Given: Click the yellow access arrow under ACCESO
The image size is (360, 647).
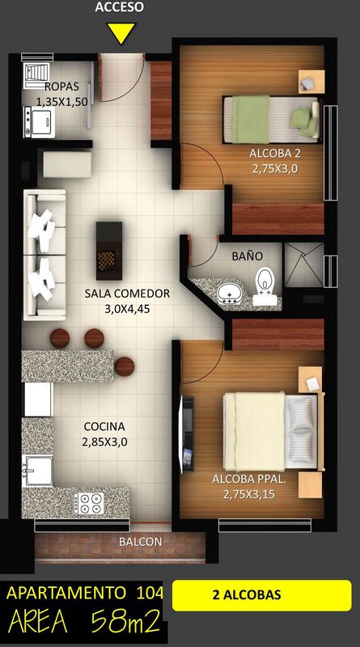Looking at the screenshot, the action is pos(121,32).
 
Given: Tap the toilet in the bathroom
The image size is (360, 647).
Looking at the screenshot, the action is pos(265,286).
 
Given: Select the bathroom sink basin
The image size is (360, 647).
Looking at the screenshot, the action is pos(230,294).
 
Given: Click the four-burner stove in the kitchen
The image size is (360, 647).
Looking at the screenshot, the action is pos(88,503).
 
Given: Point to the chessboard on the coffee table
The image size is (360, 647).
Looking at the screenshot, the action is pos(109,258).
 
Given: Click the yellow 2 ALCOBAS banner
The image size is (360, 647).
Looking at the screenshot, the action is pos(262,595).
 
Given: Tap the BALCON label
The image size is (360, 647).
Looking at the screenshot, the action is pos(141,541).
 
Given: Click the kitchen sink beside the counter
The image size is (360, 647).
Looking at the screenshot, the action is pos(37,470).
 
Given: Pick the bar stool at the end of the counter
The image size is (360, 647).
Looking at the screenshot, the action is pos(125,366).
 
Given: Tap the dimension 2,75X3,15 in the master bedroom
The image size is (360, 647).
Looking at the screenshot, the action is pos(249,494).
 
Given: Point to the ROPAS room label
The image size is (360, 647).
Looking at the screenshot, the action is pos(61,87).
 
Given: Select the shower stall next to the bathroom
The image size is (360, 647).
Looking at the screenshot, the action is pos(304,264).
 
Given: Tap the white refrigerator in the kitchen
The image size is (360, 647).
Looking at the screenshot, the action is pos(38,400).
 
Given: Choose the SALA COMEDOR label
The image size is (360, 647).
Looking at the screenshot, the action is pos(127,294).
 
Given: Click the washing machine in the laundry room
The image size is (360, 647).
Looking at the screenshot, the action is pos(39,122).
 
